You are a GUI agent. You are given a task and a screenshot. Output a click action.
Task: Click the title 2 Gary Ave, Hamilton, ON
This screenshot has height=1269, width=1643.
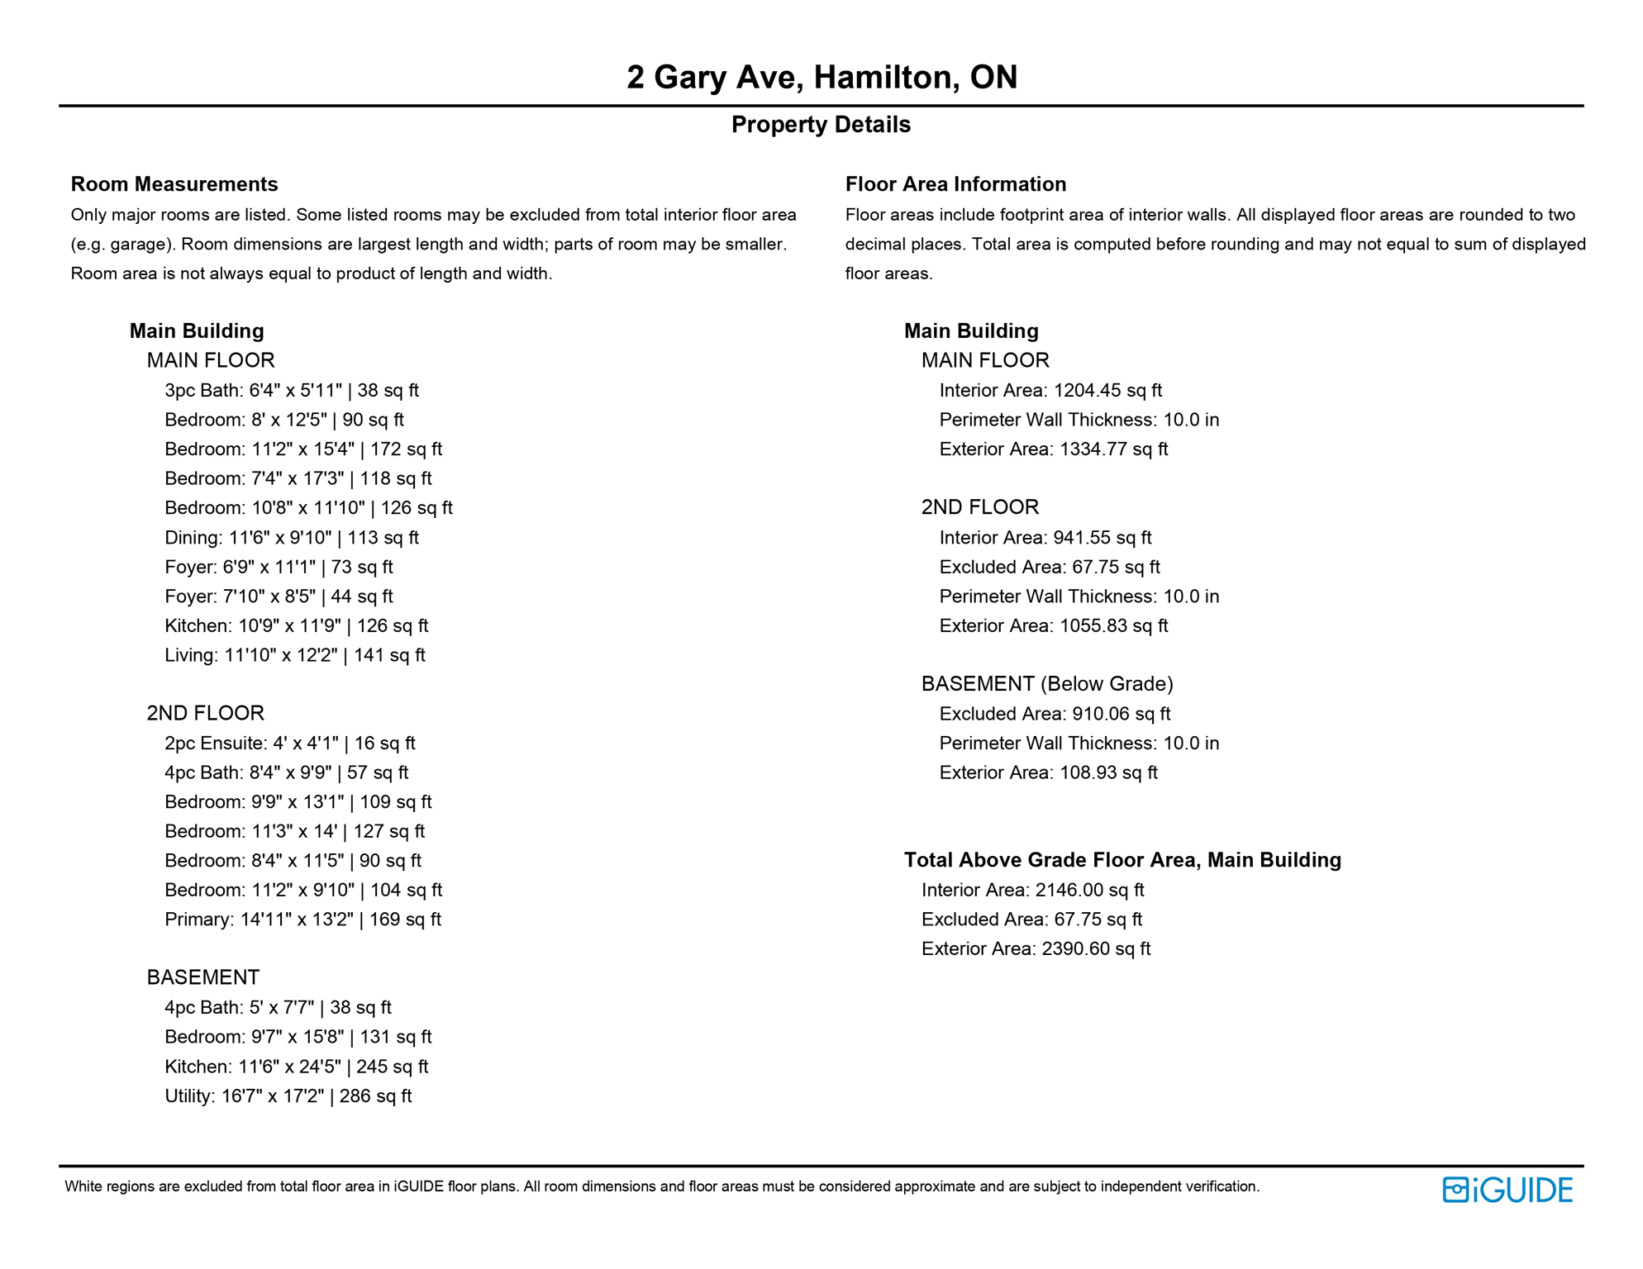pyautogui.click(x=821, y=77)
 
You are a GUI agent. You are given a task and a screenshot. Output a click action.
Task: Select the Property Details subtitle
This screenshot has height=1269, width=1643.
pyautogui.click(x=821, y=125)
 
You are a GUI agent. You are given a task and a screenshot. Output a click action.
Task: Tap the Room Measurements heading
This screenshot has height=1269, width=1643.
pyautogui.click(x=174, y=184)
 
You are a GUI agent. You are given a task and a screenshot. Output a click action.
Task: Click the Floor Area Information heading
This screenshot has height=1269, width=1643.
pyautogui.click(x=955, y=184)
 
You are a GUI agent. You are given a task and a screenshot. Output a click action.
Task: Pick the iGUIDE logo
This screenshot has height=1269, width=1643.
pyautogui.click(x=1507, y=1190)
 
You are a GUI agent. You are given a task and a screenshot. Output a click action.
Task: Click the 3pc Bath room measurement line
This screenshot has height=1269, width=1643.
pyautogui.click(x=292, y=390)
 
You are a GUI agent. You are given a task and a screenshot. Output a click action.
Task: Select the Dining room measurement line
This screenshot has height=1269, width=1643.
pyautogui.click(x=292, y=538)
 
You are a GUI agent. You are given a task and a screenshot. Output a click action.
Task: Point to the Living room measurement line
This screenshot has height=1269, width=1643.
pyautogui.click(x=295, y=655)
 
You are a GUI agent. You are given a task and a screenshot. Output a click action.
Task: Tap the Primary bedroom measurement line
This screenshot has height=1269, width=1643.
pyautogui.click(x=302, y=920)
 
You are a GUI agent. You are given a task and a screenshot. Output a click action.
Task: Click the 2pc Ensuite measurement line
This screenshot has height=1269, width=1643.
pyautogui.click(x=290, y=744)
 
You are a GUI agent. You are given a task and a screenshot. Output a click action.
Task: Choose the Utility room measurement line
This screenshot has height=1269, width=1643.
pyautogui.click(x=288, y=1096)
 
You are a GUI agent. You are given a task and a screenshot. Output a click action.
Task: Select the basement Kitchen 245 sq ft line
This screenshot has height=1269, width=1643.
pyautogui.click(x=297, y=1067)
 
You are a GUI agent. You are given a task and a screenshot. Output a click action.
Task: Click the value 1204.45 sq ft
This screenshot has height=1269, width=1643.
pyautogui.click(x=1107, y=390)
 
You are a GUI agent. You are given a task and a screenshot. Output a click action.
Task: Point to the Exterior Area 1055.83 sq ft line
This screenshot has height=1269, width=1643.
pyautogui.click(x=1054, y=625)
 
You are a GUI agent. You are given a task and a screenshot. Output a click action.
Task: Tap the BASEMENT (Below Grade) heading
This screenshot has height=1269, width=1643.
pyautogui.click(x=1047, y=684)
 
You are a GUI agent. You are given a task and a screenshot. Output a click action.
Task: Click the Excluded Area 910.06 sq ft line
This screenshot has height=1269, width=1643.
pyautogui.click(x=1055, y=714)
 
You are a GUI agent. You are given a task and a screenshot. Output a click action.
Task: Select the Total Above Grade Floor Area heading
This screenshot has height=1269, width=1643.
pyautogui.click(x=1122, y=860)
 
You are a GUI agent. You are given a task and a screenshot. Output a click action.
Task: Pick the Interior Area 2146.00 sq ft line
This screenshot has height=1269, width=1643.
pyautogui.click(x=1032, y=890)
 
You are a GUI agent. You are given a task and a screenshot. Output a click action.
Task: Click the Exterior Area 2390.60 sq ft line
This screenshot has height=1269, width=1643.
pyautogui.click(x=1036, y=948)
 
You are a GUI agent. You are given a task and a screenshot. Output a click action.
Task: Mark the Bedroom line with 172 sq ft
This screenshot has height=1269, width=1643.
pyautogui.click(x=303, y=449)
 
